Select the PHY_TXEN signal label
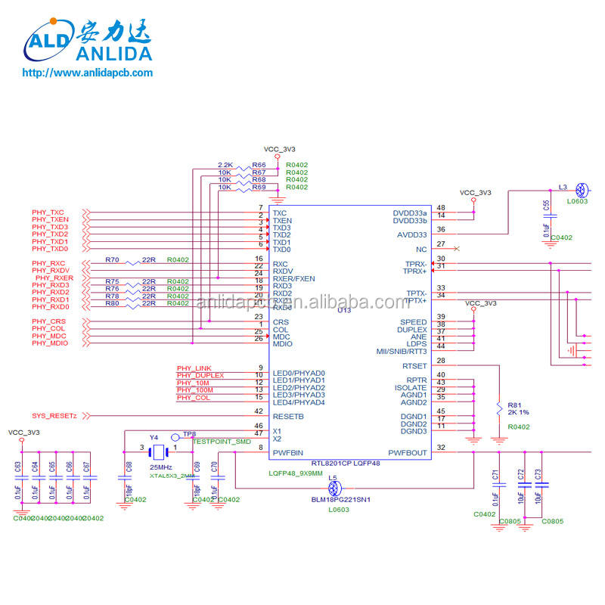pos(50,219)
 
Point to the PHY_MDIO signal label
pos(50,343)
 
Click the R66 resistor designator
pos(259,165)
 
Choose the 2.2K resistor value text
pos(225,165)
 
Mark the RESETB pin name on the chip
pos(288,417)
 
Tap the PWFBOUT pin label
pos(407,453)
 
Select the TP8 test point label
pos(189,435)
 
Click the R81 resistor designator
pos(514,405)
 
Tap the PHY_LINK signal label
pos(194,368)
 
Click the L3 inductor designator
pos(563,186)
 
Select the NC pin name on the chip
pos(421,249)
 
